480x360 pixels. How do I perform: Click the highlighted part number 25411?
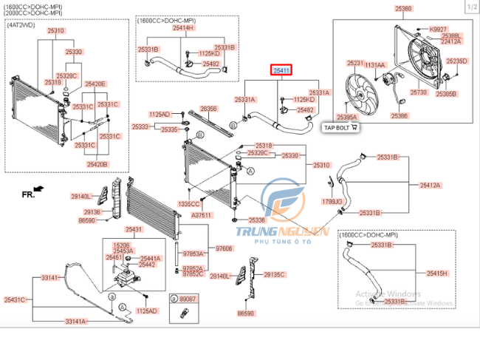tap(282, 71)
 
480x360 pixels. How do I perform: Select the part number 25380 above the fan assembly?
tap(403, 9)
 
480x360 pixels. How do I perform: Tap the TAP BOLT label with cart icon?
tap(340, 127)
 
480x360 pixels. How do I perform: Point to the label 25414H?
tap(182, 27)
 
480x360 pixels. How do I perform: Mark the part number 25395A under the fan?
tap(347, 117)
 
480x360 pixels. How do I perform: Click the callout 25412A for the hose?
tap(431, 186)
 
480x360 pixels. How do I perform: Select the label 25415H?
tap(436, 273)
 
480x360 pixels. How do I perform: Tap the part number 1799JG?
tap(332, 201)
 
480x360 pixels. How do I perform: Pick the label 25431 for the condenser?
tap(134, 230)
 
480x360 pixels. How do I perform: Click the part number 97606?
tap(224, 248)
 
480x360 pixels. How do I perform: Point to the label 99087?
tap(188, 298)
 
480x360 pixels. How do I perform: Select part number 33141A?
tap(75, 322)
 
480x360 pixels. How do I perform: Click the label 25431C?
tap(15, 299)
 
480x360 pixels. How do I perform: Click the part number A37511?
tap(202, 214)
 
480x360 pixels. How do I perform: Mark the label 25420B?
tap(97, 164)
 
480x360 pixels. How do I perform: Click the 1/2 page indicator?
tap(470, 6)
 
